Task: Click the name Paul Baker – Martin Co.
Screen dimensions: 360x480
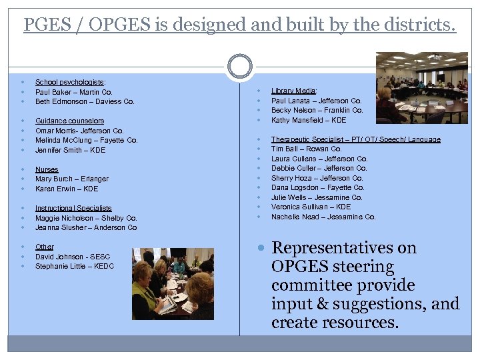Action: coord(73,92)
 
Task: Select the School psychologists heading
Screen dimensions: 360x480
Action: coord(70,82)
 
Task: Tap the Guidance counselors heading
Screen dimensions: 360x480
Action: coord(69,121)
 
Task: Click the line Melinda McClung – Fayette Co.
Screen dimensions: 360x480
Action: coord(86,141)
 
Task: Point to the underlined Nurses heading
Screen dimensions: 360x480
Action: coord(47,169)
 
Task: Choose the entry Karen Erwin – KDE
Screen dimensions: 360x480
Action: coord(66,189)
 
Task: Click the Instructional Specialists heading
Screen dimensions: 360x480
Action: coord(73,208)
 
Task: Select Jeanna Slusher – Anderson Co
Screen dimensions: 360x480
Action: coord(86,228)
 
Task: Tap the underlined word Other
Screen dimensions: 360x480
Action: coord(45,247)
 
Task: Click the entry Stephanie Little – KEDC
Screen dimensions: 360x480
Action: coord(75,267)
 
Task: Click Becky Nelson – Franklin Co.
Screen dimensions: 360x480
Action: coord(317,111)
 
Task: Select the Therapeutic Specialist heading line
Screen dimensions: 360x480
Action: coord(355,140)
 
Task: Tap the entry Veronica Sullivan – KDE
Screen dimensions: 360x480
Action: coord(311,207)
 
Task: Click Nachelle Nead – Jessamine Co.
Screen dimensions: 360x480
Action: coord(323,217)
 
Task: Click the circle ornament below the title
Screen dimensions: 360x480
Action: coord(240,67)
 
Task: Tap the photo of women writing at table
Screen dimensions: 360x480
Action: coord(173,283)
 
